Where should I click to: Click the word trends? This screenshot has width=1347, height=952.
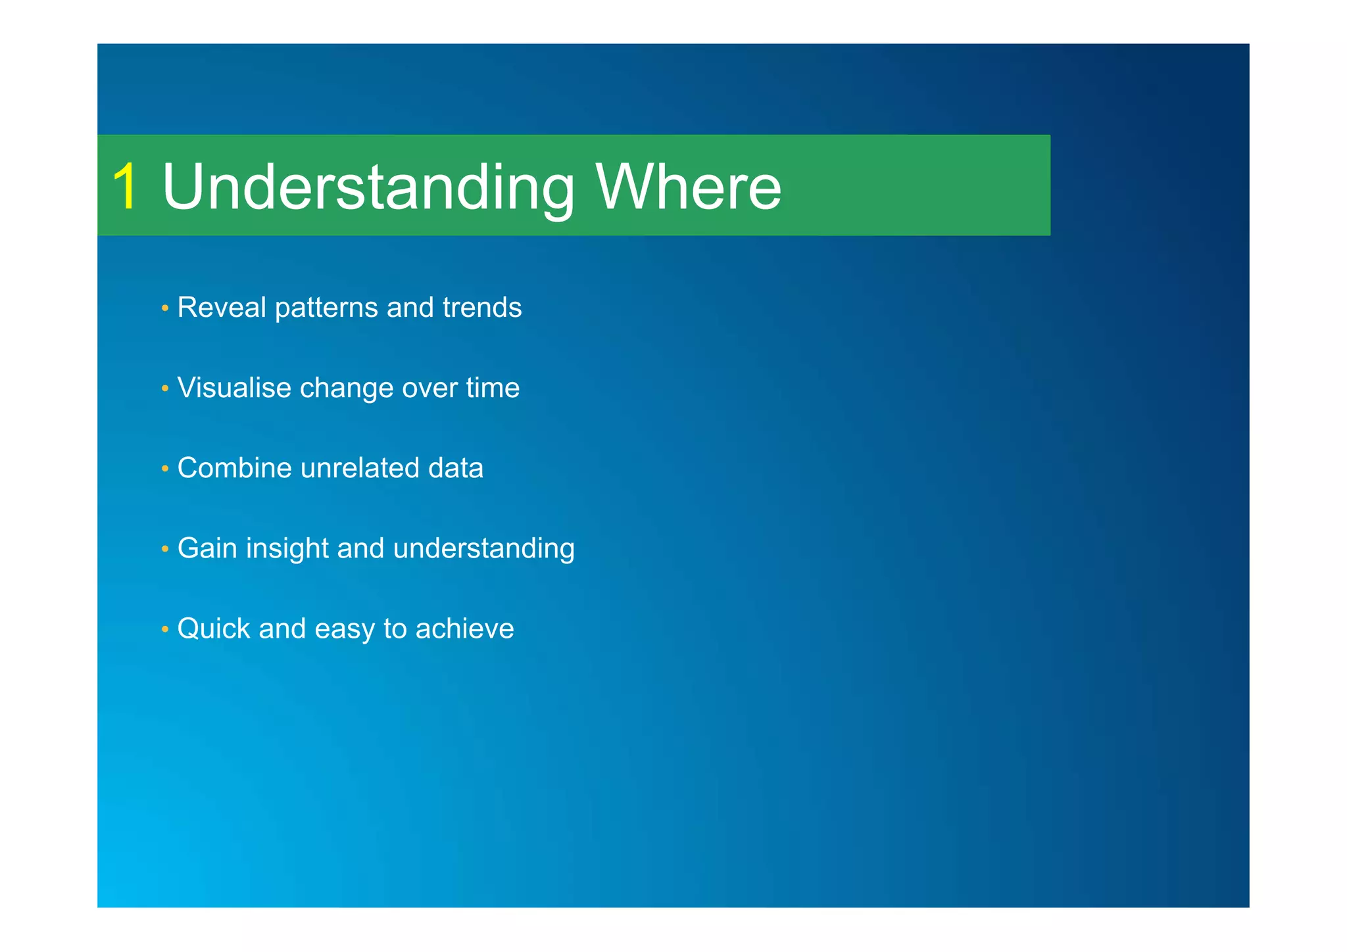(x=482, y=308)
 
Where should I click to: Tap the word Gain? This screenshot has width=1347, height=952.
(x=207, y=548)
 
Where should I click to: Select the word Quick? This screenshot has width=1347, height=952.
(x=214, y=629)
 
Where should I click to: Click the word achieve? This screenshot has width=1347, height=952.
(x=464, y=629)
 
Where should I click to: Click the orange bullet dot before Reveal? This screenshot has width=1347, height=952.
(x=164, y=308)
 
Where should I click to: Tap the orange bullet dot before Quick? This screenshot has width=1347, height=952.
(x=164, y=629)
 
